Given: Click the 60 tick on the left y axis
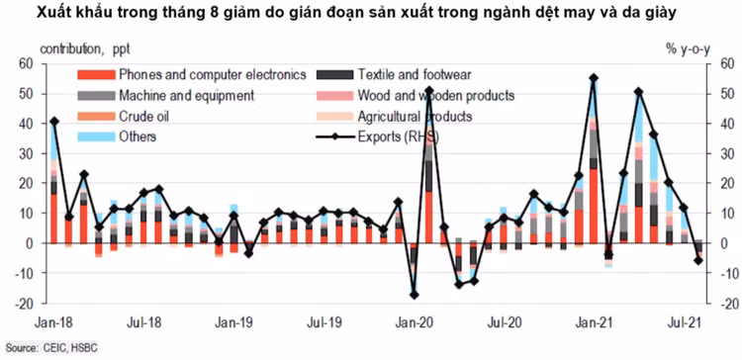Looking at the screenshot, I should pos(27,63).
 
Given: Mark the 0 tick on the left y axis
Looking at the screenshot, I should pos(30,243).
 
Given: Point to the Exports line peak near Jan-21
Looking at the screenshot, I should pos(593,78).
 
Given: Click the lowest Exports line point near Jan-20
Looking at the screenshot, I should pos(415,295).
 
